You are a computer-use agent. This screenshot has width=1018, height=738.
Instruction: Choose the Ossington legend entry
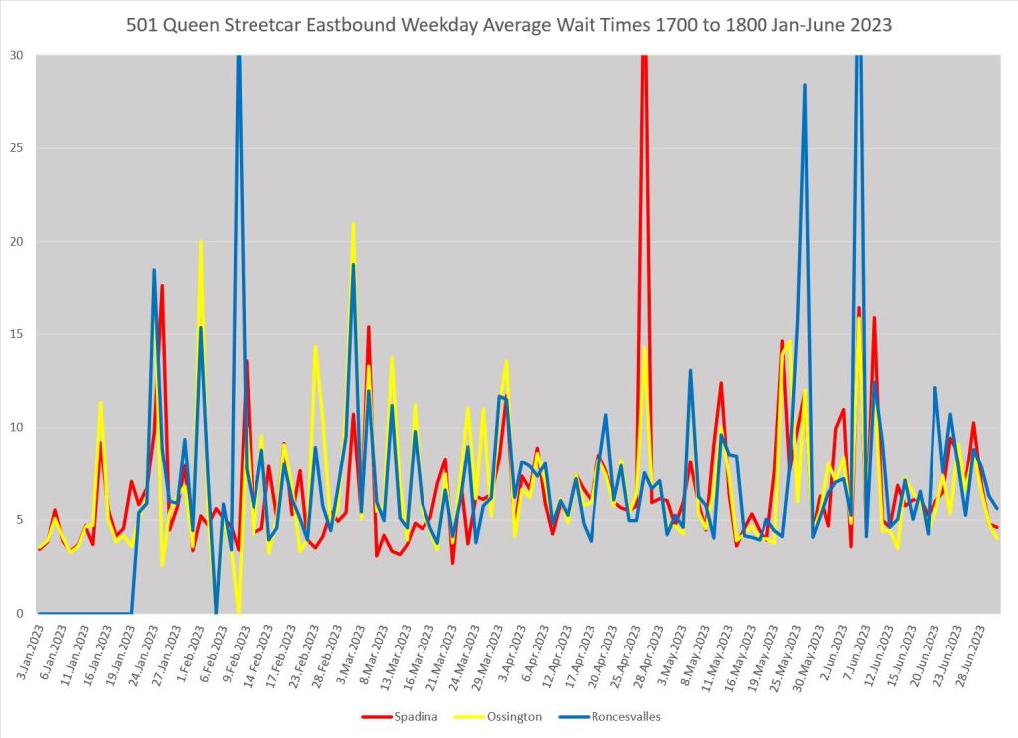point(513,716)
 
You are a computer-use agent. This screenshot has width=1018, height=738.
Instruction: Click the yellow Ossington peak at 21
point(353,224)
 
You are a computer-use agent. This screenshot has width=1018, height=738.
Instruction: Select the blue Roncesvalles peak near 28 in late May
point(805,86)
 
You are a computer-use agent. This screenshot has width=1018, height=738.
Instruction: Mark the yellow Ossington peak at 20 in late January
point(201,242)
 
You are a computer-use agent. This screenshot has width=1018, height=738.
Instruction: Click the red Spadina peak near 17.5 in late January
point(162,286)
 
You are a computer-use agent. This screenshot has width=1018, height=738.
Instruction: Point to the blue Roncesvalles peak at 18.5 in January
point(154,270)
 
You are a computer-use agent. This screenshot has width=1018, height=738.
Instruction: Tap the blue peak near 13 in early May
point(690,371)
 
